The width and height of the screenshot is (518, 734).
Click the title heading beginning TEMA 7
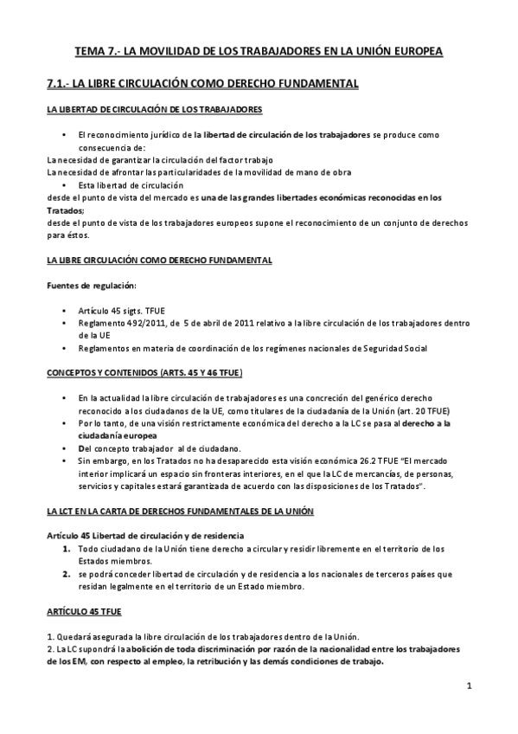(258, 52)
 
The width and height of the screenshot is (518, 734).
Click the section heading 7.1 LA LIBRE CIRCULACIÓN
(201, 84)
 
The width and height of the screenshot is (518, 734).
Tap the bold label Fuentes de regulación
(91, 286)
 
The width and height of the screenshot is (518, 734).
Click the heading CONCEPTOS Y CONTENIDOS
(144, 373)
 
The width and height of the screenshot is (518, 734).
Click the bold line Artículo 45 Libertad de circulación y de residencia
(145, 537)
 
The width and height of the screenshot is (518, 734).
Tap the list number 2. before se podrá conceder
(66, 574)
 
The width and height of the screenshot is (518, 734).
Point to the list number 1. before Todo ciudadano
(66, 549)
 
